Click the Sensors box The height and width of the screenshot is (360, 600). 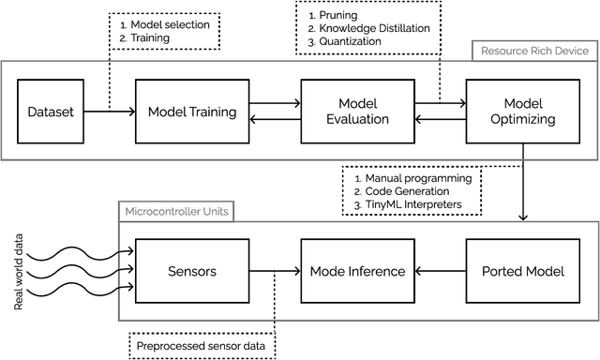pyautogui.click(x=192, y=271)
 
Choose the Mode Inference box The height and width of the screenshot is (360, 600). pyautogui.click(x=356, y=271)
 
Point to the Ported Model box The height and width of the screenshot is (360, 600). pyautogui.click(x=521, y=271)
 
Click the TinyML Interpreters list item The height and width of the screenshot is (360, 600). pyautogui.click(x=412, y=203)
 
